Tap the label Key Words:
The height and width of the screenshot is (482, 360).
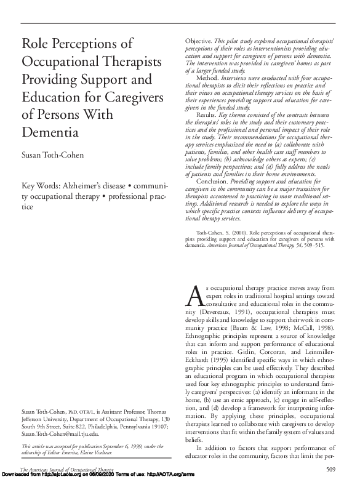[43, 185]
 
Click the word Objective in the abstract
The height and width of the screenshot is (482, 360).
[199, 40]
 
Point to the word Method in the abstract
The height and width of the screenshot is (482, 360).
[210, 78]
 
